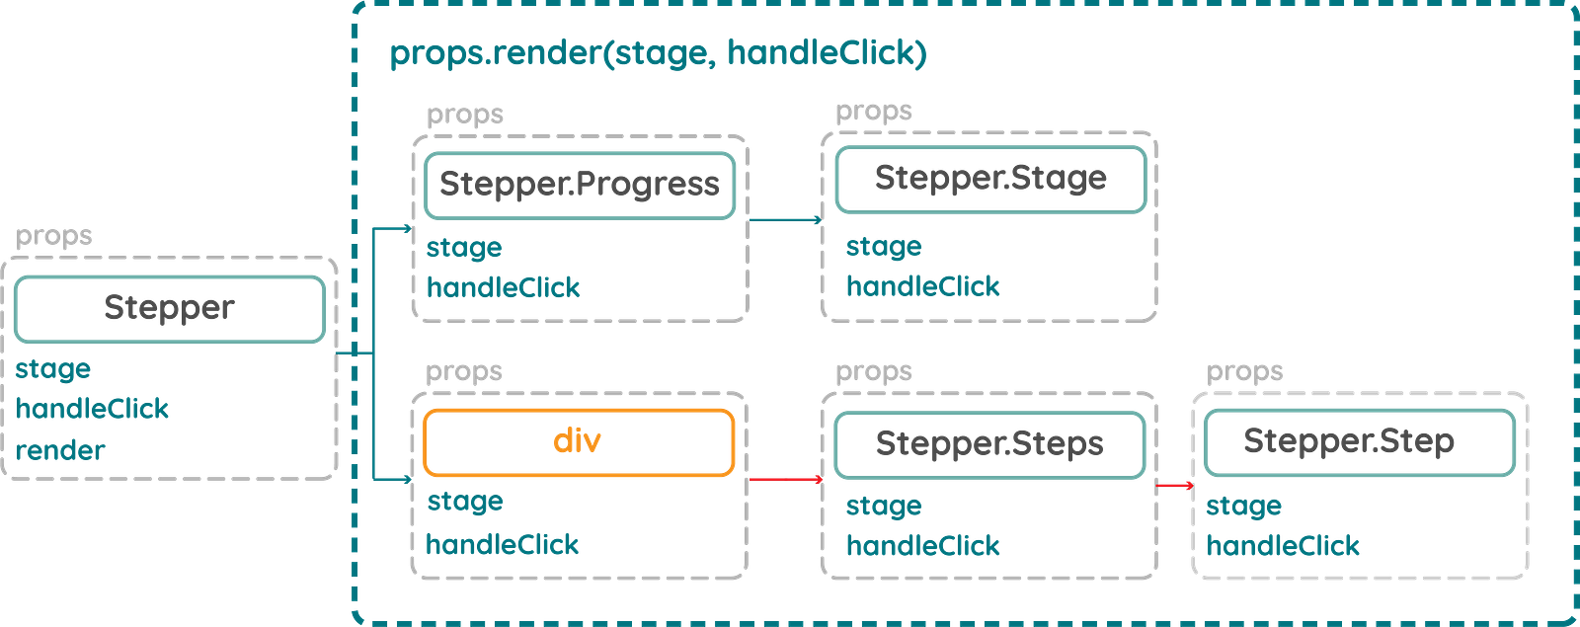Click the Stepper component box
click(169, 309)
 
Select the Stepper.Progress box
click(580, 184)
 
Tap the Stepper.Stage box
click(990, 179)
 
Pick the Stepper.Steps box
click(989, 444)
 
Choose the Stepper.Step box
click(1359, 442)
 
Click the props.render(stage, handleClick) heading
click(659, 53)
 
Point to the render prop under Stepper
click(59, 450)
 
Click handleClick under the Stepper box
click(93, 409)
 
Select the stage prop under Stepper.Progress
click(464, 248)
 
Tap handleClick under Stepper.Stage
click(923, 287)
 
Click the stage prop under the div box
click(464, 503)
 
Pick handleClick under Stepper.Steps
click(923, 545)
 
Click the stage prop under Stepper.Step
click(1244, 507)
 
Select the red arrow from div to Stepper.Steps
click(786, 480)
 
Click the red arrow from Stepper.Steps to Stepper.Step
click(1175, 486)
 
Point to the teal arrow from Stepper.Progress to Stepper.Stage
click(784, 219)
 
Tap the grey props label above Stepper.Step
click(1245, 372)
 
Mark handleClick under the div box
click(503, 544)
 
